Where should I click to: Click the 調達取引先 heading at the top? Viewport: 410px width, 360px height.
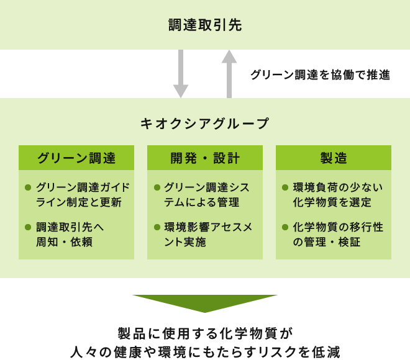(204, 25)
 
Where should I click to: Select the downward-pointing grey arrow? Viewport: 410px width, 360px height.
(180, 73)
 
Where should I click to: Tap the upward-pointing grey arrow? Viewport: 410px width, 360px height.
(229, 73)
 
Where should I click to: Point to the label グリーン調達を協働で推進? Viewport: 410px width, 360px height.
(320, 75)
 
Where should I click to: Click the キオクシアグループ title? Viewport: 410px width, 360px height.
(205, 124)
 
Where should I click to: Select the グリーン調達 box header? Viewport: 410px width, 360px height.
(76, 158)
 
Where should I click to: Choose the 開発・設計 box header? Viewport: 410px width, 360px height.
(205, 158)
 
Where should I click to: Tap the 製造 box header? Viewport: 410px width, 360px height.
(334, 158)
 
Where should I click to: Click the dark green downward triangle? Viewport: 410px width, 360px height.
(204, 303)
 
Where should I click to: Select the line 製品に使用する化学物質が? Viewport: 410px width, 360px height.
(204, 331)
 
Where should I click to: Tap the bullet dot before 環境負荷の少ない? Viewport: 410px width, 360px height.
(285, 187)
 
